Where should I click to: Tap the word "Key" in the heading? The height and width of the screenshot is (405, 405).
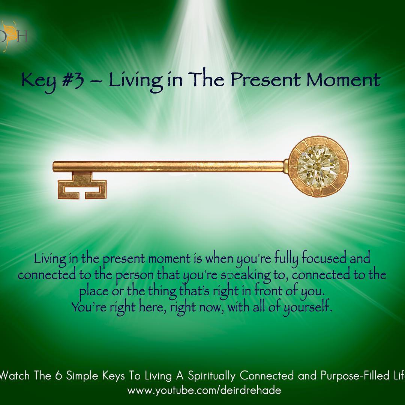[39, 81]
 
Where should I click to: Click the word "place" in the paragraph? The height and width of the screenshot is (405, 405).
[94, 292]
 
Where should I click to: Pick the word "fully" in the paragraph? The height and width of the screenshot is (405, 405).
[286, 259]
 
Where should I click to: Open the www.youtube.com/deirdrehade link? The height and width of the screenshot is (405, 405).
[204, 390]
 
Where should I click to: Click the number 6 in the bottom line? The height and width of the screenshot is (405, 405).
[58, 376]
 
